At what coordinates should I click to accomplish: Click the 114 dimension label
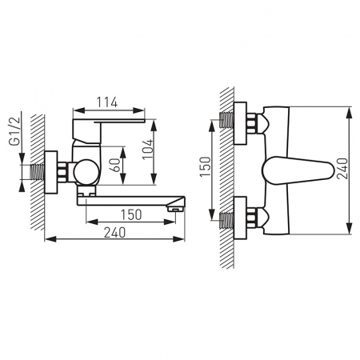(106, 102)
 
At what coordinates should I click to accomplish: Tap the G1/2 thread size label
(14, 131)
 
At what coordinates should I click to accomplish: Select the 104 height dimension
(148, 150)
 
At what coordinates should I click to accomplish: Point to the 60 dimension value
(115, 166)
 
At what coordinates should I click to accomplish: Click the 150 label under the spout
(131, 214)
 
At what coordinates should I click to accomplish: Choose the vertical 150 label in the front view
(206, 166)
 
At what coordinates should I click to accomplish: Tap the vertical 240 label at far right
(342, 169)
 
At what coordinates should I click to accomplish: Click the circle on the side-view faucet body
(86, 172)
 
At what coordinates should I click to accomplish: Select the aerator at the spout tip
(175, 209)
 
